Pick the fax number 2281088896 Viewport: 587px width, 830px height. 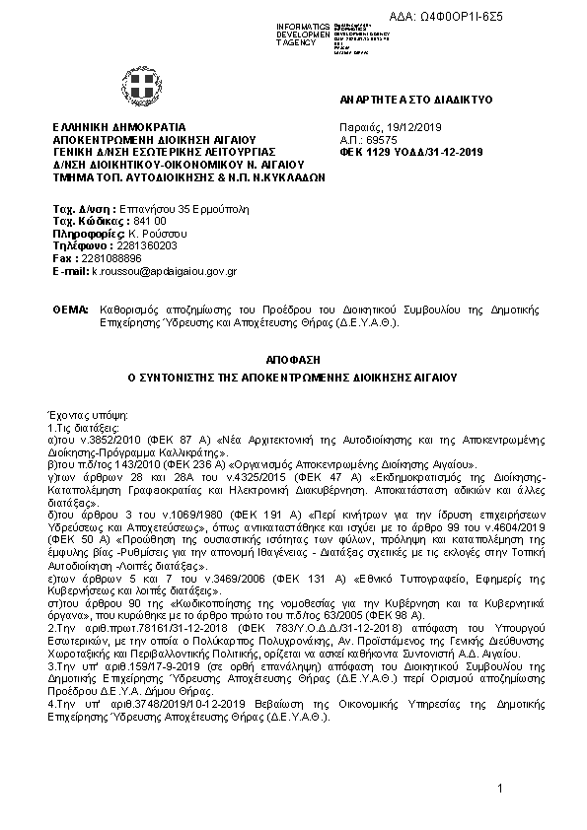click(x=104, y=257)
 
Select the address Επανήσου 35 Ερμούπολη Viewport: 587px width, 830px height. click(x=171, y=210)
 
